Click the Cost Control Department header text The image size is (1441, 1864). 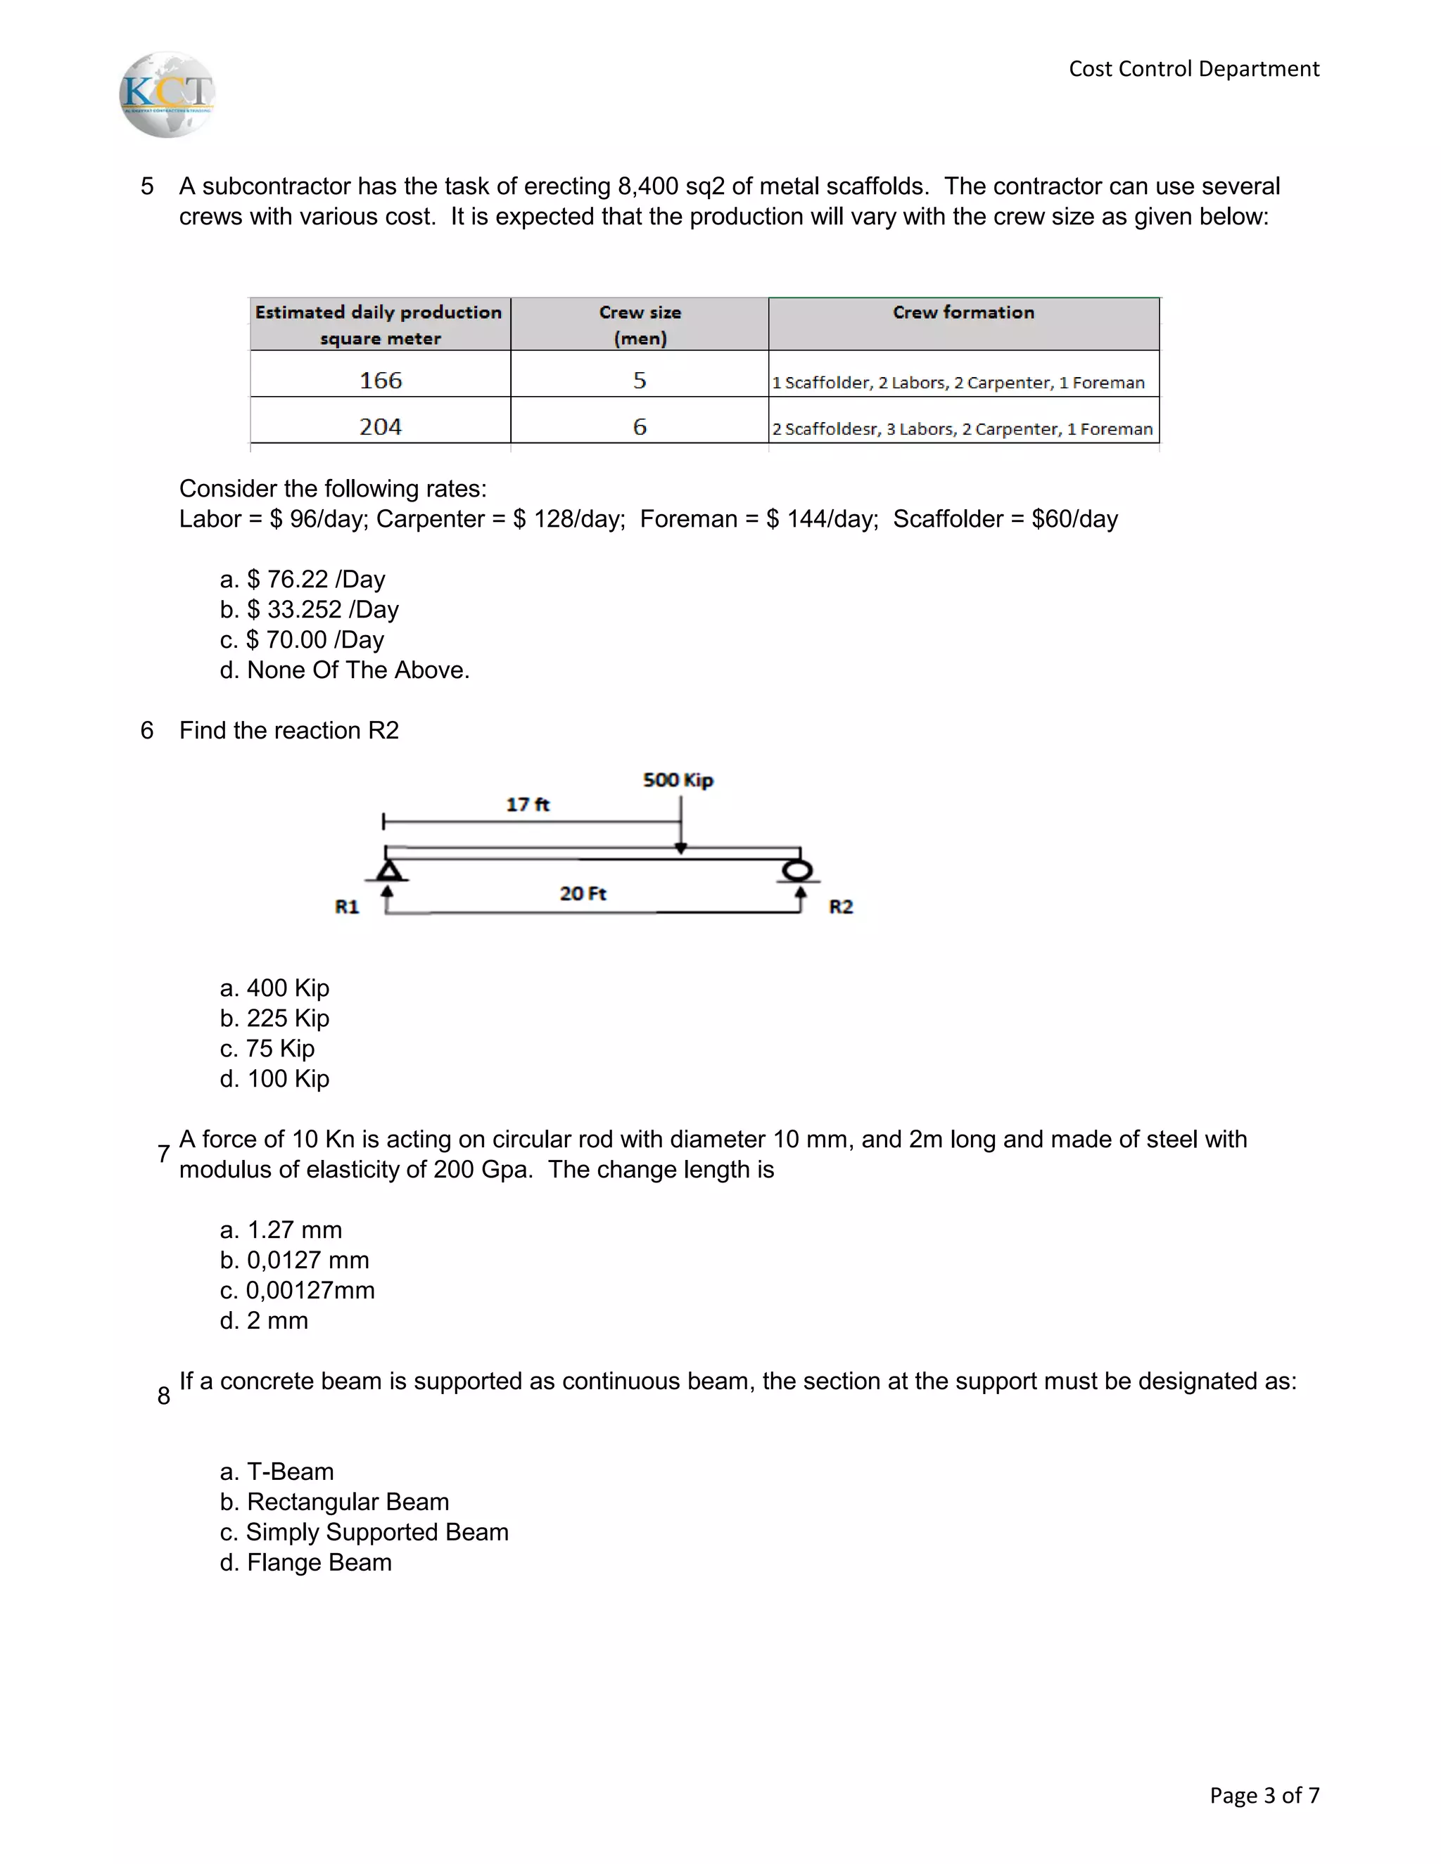1193,69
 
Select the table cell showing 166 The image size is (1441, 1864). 380,380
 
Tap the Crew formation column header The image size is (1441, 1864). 963,313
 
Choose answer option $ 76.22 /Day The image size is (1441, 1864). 303,580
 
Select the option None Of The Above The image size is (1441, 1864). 345,670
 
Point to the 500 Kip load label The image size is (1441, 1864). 678,780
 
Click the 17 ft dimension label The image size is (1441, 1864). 528,804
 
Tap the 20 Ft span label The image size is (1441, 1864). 583,893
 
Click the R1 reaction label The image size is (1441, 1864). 347,907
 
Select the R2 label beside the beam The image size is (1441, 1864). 841,907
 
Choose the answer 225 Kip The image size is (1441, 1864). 275,1019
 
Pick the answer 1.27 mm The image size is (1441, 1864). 281,1230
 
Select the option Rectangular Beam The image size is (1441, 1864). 335,1501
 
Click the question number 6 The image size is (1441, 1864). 147,731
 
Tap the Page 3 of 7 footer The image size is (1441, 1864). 1264,1796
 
